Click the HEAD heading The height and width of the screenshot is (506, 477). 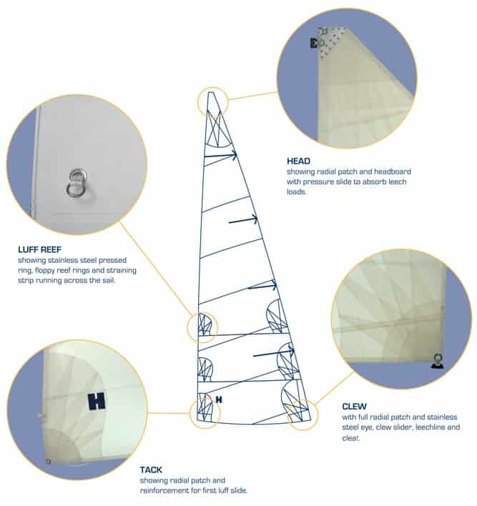point(298,161)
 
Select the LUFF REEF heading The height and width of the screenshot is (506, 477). point(40,249)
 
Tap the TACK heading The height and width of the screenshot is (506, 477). point(151,470)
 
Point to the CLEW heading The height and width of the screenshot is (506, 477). point(354,406)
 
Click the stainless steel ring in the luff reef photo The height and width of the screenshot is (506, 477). point(77,183)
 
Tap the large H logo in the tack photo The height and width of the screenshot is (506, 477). point(97,402)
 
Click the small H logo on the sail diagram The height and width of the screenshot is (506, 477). point(219,400)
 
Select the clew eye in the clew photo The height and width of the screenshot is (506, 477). point(438,361)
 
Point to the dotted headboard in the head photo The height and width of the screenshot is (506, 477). point(330,41)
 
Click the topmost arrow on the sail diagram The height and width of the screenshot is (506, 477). point(220,156)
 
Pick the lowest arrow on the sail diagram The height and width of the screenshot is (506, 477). point(273,353)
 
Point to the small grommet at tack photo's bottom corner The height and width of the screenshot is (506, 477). point(48,462)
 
